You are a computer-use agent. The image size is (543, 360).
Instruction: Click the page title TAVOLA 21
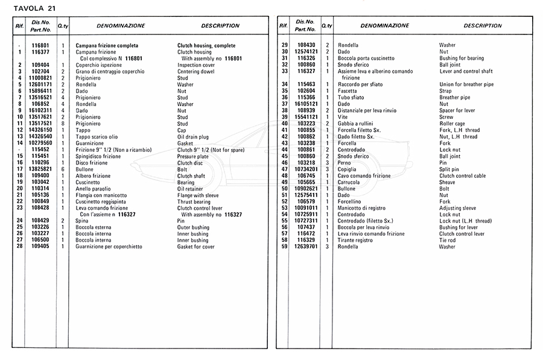coord(34,7)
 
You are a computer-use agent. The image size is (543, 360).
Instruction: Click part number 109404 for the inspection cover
coord(40,65)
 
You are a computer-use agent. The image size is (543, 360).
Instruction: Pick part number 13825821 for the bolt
coord(40,169)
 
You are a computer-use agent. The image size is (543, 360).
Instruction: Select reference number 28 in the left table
coord(20,247)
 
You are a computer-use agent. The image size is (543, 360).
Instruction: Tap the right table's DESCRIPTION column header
coord(483,26)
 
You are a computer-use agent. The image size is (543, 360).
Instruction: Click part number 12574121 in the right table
coord(306,52)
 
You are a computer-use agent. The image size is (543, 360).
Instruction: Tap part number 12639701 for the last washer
coord(306,247)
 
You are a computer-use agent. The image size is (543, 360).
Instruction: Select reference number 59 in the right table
coord(284,247)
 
